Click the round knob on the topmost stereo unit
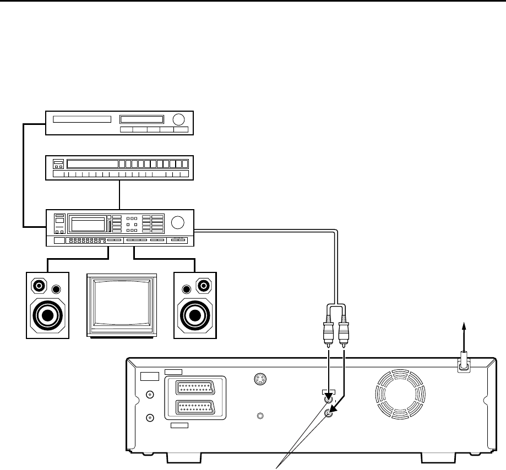178,119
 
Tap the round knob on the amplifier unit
178,223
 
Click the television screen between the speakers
122,305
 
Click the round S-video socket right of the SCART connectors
260,379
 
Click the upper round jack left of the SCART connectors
149,394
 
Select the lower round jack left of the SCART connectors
149,417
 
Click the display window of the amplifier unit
88,223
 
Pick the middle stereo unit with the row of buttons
119,168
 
